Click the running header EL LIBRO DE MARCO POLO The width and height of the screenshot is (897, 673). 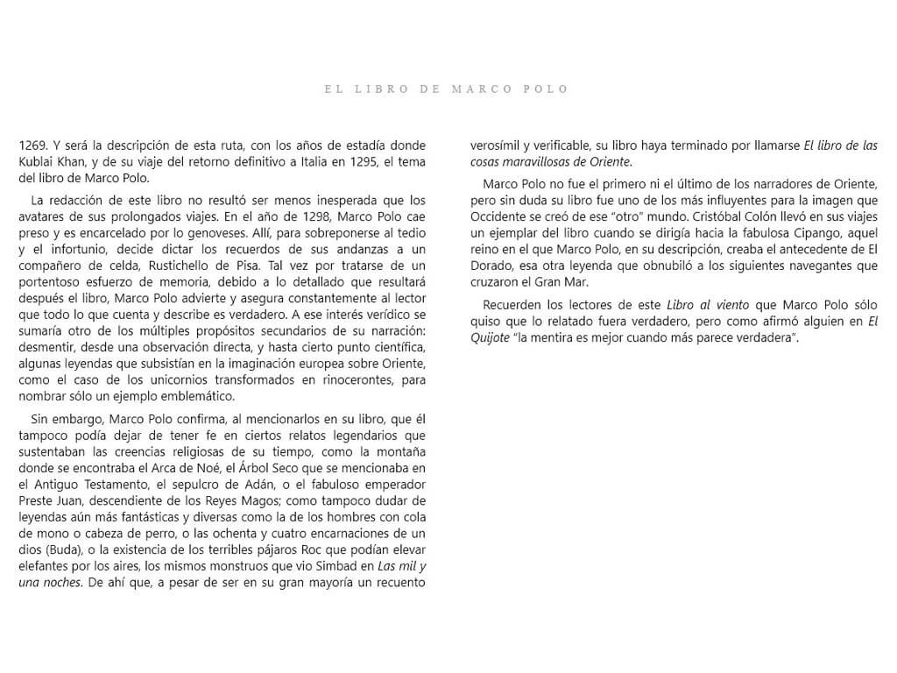coord(447,89)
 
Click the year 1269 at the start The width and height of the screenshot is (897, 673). coord(34,145)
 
